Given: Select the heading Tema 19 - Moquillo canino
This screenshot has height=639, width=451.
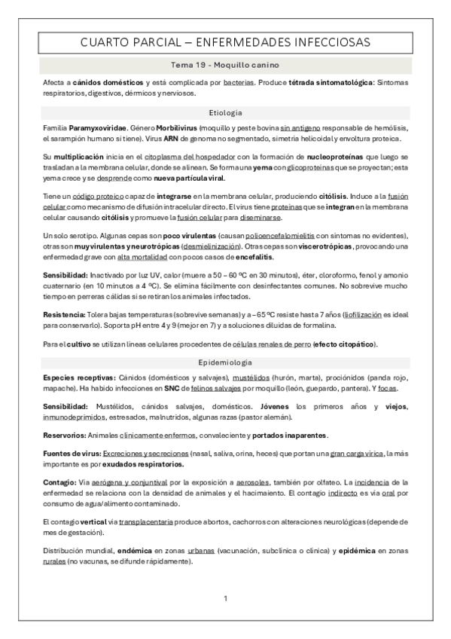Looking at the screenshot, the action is click(225, 66).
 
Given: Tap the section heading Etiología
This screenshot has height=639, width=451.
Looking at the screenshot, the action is click(225, 112).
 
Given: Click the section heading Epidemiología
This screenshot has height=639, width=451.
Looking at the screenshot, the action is click(225, 362).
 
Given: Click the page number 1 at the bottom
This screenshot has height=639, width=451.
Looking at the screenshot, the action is click(225, 599).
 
